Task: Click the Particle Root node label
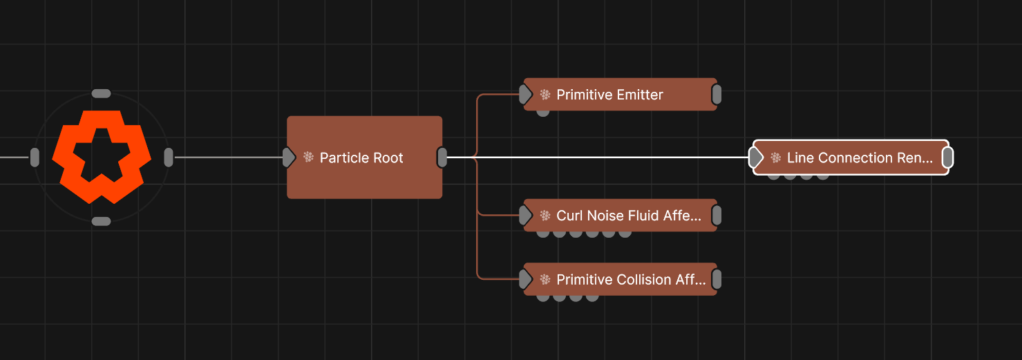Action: pyautogui.click(x=361, y=158)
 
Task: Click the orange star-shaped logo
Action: pyautogui.click(x=102, y=157)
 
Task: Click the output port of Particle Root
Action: pyautogui.click(x=442, y=158)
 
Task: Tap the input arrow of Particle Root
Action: pyautogui.click(x=289, y=158)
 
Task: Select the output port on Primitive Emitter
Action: pyautogui.click(x=717, y=95)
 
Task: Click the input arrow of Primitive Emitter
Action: pyautogui.click(x=526, y=94)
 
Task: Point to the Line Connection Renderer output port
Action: pyautogui.click(x=948, y=158)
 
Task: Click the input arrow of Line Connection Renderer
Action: pyautogui.click(x=757, y=158)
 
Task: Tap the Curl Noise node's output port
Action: pyautogui.click(x=717, y=216)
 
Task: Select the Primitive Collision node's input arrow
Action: pyautogui.click(x=526, y=279)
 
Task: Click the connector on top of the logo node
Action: pyautogui.click(x=101, y=93)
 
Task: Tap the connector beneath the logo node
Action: pyautogui.click(x=101, y=221)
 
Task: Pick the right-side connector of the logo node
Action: pyautogui.click(x=169, y=158)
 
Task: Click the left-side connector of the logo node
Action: pyautogui.click(x=35, y=158)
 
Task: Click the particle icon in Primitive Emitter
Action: pyautogui.click(x=545, y=95)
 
